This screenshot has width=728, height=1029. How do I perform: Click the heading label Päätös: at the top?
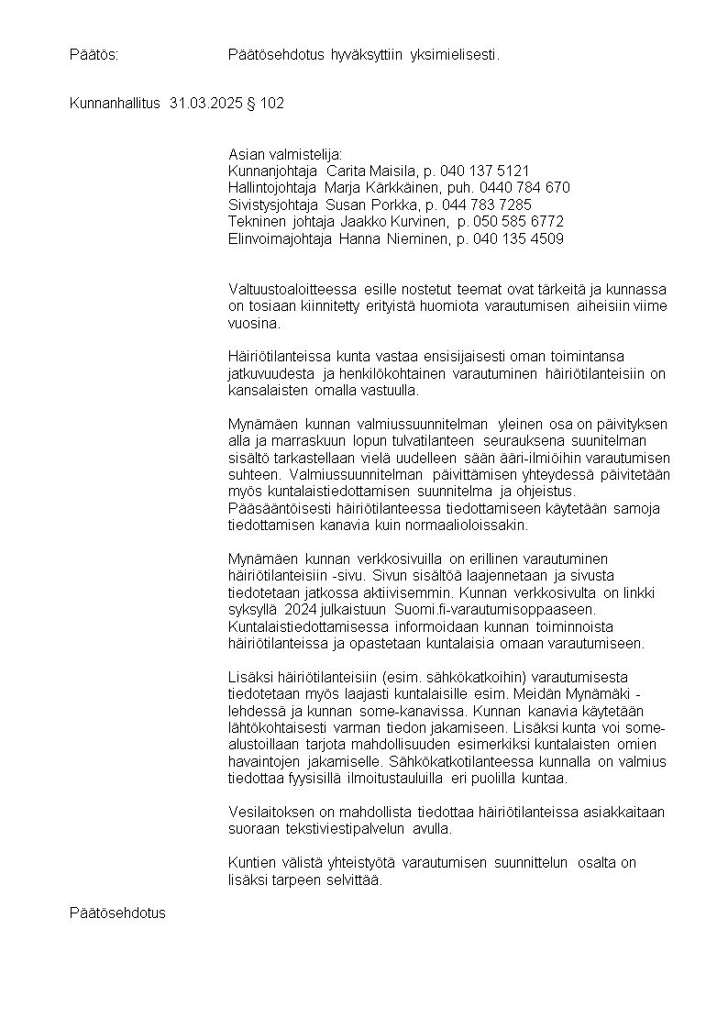(94, 56)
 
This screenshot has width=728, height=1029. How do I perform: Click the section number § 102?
(266, 104)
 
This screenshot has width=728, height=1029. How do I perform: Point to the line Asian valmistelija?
(284, 154)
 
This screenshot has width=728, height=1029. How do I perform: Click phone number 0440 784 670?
(531, 188)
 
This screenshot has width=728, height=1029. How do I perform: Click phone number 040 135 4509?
(518, 239)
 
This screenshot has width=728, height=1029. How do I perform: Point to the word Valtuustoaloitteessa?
(292, 290)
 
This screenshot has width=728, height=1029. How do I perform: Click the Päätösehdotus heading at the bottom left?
(117, 913)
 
